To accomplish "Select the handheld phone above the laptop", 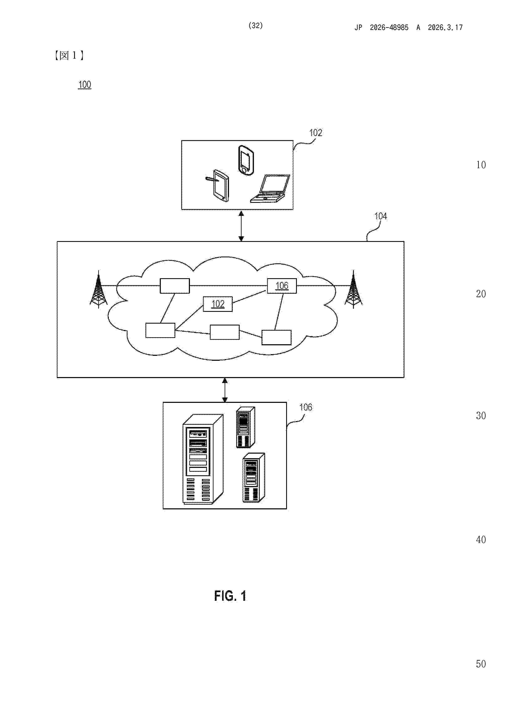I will tap(246, 160).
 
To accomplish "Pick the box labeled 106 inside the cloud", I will tap(282, 286).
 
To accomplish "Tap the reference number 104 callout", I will tap(380, 216).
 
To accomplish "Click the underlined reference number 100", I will tap(85, 84).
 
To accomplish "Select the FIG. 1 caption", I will tap(230, 596).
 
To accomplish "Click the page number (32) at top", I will tap(256, 26).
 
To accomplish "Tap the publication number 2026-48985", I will tap(389, 28).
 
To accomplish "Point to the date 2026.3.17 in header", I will tap(445, 28).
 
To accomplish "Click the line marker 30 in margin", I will tap(481, 416).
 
